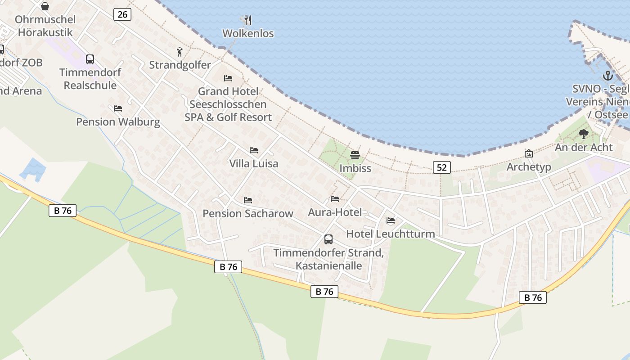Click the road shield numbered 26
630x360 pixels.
pos(122,14)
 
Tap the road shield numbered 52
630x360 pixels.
pos(442,167)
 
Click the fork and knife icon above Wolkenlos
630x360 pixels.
pos(247,20)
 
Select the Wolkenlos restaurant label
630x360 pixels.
pos(248,33)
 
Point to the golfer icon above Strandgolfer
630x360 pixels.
pos(180,52)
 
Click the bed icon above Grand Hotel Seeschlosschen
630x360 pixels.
pos(228,78)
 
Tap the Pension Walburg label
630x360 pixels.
pos(118,121)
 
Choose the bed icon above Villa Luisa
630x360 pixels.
pos(254,150)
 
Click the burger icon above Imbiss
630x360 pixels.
pos(355,156)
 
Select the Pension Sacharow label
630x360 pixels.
pos(248,213)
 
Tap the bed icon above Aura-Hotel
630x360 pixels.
pos(335,199)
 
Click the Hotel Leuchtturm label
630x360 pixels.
pos(390,234)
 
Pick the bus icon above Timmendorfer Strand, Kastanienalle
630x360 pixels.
pos(328,239)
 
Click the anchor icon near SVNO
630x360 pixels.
pos(608,76)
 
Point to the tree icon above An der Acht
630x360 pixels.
pos(584,134)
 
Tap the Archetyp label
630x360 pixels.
pos(529,167)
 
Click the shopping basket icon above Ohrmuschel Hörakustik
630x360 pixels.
pos(45,6)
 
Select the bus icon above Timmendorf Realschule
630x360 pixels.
pos(90,59)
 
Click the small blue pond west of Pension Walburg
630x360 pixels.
pos(33,169)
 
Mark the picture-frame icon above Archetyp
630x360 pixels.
pos(529,154)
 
